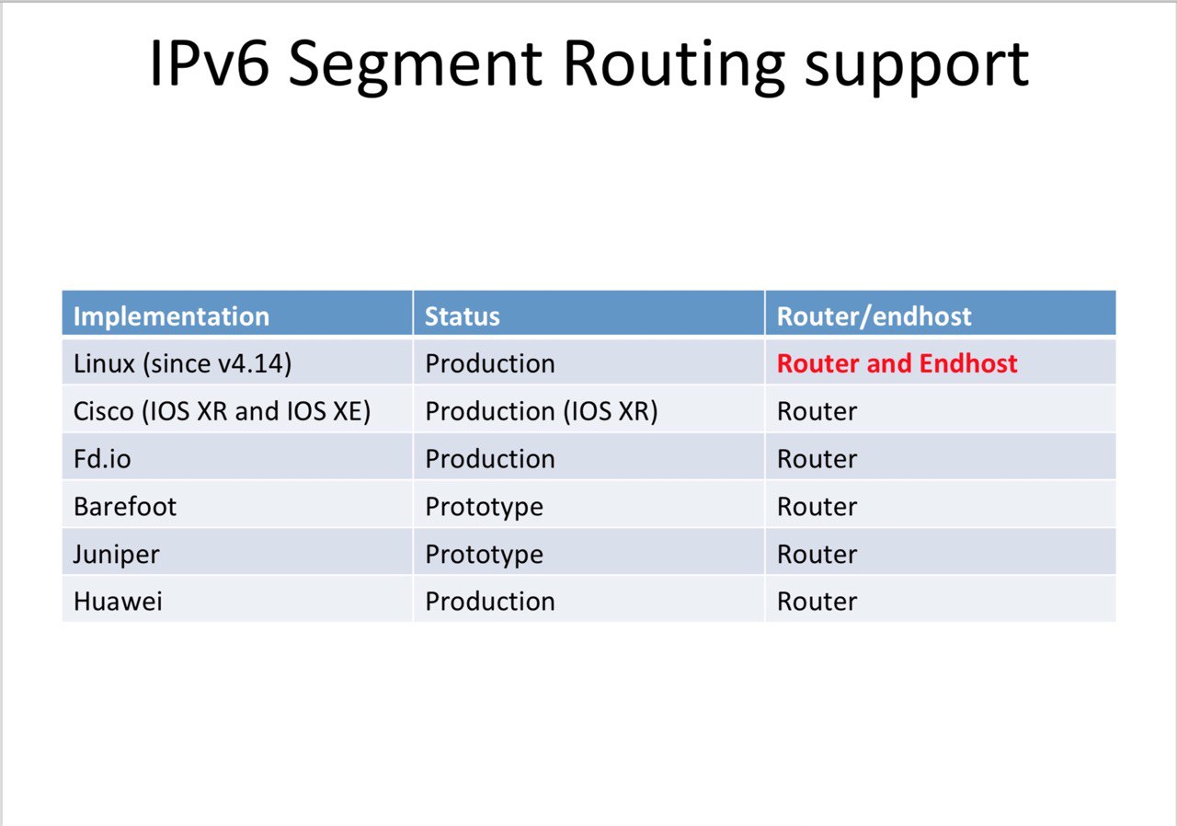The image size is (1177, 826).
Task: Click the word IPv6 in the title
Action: point(210,63)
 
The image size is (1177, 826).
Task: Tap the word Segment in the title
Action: point(416,66)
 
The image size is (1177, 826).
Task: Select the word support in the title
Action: point(917,68)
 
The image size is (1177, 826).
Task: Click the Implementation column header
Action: point(171,316)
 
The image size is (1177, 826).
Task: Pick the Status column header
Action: point(463,316)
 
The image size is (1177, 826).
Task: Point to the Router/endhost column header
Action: point(874,316)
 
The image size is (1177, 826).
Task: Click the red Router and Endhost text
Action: point(897,363)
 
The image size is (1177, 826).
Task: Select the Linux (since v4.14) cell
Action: point(182,363)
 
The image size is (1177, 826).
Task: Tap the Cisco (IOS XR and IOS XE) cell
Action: point(222,411)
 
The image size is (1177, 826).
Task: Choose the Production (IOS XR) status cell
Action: point(542,411)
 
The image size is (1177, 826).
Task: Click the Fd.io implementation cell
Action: point(102,459)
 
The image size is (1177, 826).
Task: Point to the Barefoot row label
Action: point(125,507)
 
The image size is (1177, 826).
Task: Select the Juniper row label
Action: point(116,556)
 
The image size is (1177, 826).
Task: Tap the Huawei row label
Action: point(118,602)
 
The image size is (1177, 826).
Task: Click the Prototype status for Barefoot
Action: point(484,508)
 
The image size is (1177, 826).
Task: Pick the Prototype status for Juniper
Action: point(484,556)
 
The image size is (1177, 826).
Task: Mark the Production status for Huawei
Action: point(490,602)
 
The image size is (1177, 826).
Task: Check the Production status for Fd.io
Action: point(490,459)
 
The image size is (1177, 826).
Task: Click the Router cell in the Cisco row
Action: point(817,411)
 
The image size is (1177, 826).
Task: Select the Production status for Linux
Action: point(490,363)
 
